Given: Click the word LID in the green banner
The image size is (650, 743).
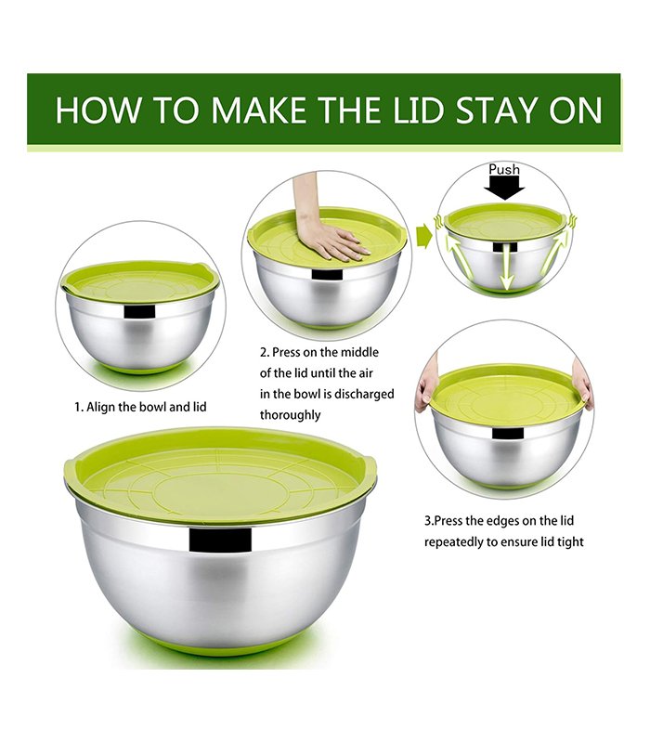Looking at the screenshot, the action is point(417,110).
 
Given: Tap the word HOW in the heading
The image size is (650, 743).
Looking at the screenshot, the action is point(97,110).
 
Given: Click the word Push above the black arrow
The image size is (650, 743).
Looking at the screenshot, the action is point(504,169).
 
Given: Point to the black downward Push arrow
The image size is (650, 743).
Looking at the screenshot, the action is point(504,188).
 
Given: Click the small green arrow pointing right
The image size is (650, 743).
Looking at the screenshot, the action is point(424,237).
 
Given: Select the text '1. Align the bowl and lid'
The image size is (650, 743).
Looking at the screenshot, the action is point(140,407).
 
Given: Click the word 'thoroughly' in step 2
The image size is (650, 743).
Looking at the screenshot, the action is point(290,414).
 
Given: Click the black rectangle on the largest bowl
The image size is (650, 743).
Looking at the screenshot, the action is point(220,541).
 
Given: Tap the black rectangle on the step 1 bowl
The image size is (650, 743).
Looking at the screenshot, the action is point(139,311).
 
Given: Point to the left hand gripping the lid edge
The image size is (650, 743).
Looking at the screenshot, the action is point(425,385).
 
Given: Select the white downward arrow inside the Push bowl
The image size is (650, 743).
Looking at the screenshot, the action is point(507,267).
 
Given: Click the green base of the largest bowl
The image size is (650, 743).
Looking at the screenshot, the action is point(220,645).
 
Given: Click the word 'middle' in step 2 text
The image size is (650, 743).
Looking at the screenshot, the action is point(359,352).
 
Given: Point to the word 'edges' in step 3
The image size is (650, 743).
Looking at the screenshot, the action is point(479,521).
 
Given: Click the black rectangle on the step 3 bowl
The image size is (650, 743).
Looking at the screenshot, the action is point(508,433).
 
